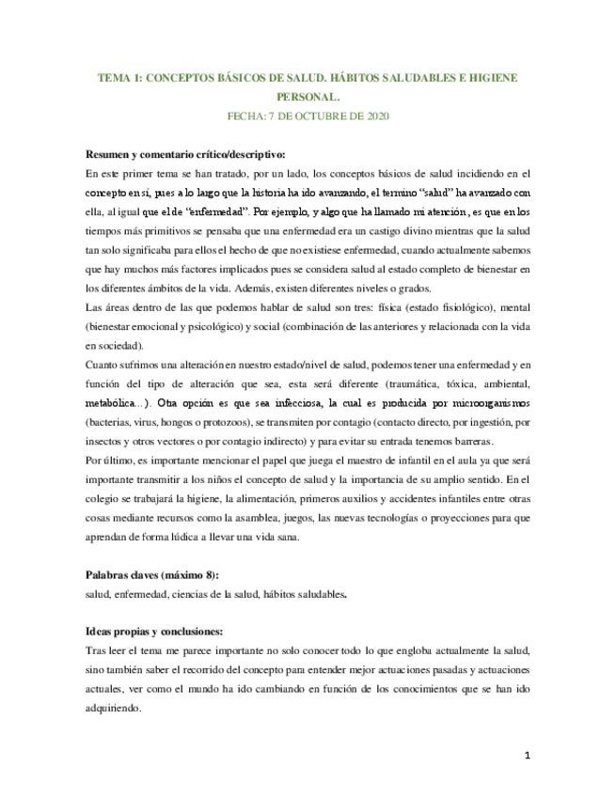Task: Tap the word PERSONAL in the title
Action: click(x=307, y=97)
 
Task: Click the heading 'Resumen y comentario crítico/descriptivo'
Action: click(x=185, y=154)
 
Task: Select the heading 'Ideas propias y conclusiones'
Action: click(x=154, y=631)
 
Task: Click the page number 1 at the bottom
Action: click(x=528, y=755)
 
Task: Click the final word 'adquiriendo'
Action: click(x=113, y=709)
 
